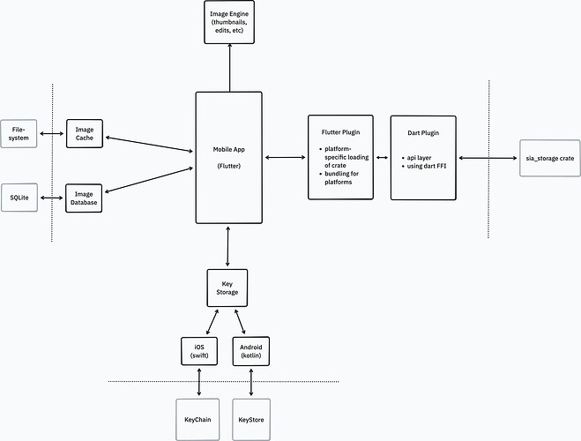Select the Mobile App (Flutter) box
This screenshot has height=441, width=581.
pos(228,157)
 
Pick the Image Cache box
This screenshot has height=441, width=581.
pos(86,134)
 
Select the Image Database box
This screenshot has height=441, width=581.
pos(86,198)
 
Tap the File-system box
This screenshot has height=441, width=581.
pos(19,134)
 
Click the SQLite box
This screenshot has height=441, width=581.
pos(19,198)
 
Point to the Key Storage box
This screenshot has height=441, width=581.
pos(228,288)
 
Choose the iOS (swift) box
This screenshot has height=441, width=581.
pos(198,351)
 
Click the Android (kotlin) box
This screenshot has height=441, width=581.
pos(252,351)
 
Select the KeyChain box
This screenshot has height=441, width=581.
pos(198,415)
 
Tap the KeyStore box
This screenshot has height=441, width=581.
pos(252,415)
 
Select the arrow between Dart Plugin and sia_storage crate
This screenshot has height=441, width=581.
pos(486,158)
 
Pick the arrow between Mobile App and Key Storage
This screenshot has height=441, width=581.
pos(228,246)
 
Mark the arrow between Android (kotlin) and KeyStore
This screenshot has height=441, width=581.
pos(252,381)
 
